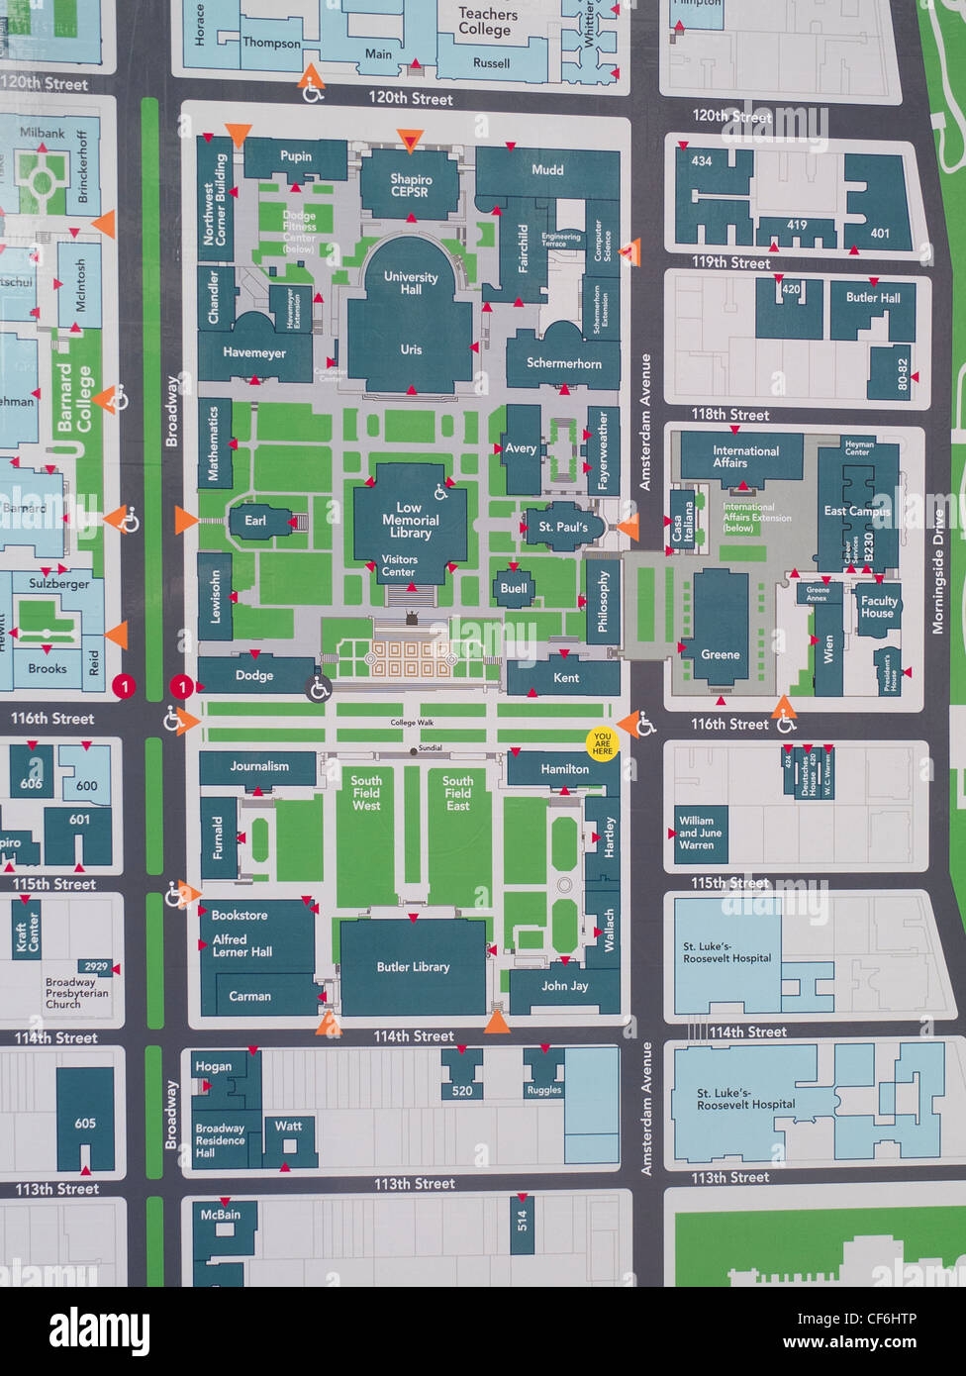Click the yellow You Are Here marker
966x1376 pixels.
pos(602,743)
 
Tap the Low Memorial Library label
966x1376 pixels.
pos(410,520)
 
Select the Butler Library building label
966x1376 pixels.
pos(413,967)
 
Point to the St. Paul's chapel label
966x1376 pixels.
pos(562,528)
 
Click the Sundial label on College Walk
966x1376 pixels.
pos(431,747)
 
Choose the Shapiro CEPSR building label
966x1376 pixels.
pos(410,185)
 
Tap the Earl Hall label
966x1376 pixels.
pos(254,521)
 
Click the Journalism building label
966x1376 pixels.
pos(259,766)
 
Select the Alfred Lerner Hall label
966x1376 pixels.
pos(242,946)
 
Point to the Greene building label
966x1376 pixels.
pos(720,654)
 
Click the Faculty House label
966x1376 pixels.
pos(878,607)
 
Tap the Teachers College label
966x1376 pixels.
pos(487,22)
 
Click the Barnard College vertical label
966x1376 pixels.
pos(73,398)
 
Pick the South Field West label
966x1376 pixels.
pos(366,793)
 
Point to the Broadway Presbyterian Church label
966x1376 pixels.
pos(76,993)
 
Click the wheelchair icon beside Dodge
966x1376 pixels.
pos(319,690)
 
